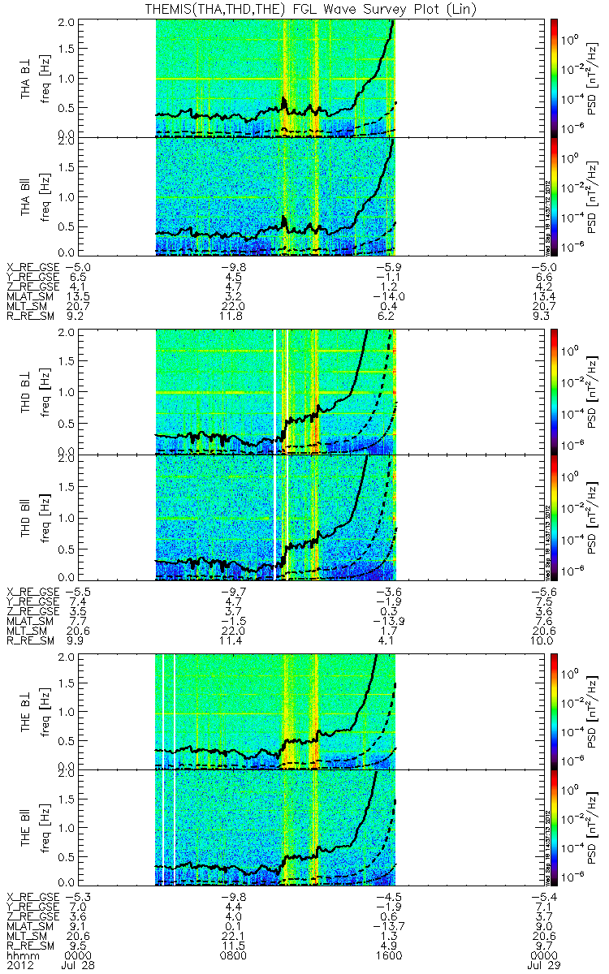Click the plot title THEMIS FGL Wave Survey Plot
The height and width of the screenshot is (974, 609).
coord(304,8)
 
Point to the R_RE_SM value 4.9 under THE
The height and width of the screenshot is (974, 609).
coord(393,946)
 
